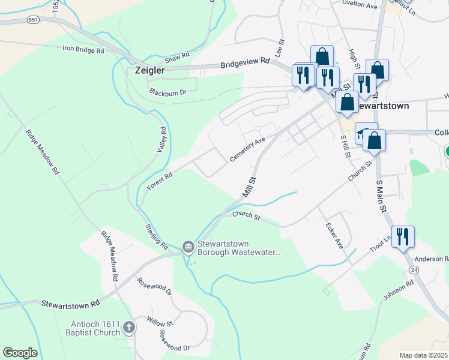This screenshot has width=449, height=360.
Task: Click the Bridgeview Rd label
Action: tap(245, 64)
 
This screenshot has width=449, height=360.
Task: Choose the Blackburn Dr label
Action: tap(167, 92)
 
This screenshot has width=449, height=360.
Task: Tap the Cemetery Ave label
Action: tap(247, 149)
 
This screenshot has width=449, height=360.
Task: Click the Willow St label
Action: tap(161, 324)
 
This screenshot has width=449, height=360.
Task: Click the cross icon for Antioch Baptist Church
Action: tap(128, 328)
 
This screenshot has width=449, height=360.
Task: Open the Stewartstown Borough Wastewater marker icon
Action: tap(188, 247)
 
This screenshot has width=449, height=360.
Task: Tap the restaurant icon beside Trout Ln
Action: tap(402, 236)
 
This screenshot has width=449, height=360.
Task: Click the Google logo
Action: tap(20, 353)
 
